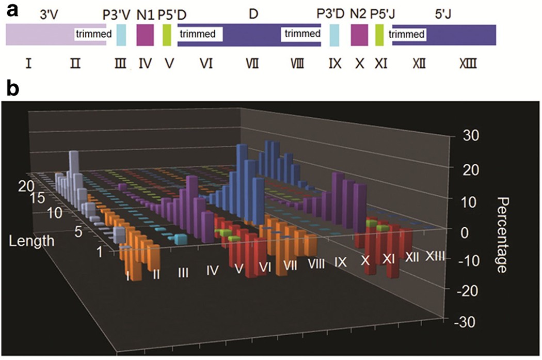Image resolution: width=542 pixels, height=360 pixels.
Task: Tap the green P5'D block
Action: point(167,35)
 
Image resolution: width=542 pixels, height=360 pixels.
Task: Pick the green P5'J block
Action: point(380,35)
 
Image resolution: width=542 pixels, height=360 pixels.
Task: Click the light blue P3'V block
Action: point(121,35)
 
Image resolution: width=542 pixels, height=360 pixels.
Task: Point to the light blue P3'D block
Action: point(334,35)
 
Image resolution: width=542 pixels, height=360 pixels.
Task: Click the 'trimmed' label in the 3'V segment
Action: point(93,35)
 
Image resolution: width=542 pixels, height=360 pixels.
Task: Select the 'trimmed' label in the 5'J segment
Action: point(407,35)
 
